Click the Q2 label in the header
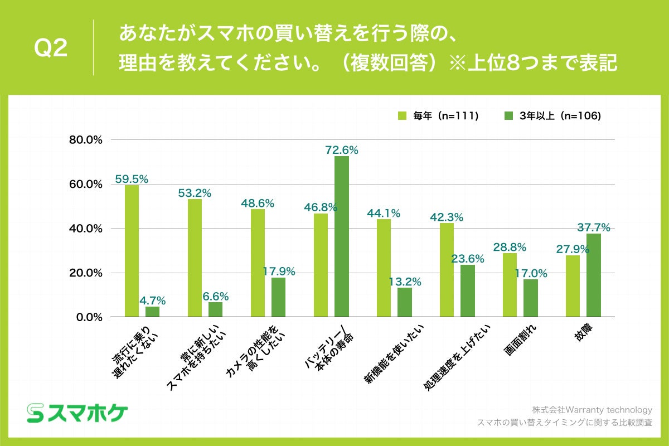tap(51, 49)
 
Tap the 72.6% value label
tap(342, 150)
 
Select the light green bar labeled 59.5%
tap(132, 251)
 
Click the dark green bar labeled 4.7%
tap(152, 312)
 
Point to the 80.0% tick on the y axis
tap(85, 139)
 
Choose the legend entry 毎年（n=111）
tap(438, 116)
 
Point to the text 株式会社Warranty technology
tap(592, 409)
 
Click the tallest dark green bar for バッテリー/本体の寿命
tap(342, 236)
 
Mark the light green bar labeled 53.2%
tap(195, 258)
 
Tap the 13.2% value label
tap(405, 282)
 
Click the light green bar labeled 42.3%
tap(447, 270)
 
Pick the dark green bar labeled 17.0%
tap(531, 298)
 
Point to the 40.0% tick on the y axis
tap(85, 229)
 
